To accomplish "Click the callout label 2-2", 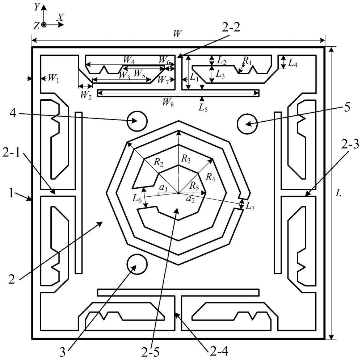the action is (x=231, y=28).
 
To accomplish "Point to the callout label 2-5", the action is (x=151, y=352).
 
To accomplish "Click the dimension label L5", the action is (x=203, y=108).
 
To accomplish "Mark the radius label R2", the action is (x=159, y=163).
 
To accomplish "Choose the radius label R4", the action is (x=210, y=177).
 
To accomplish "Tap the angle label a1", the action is (x=164, y=188).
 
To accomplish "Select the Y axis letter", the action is (x=36, y=8).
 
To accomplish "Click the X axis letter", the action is (x=60, y=17).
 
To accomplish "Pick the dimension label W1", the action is (x=53, y=79).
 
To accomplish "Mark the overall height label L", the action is (x=338, y=193).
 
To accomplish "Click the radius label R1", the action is (x=247, y=61).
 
